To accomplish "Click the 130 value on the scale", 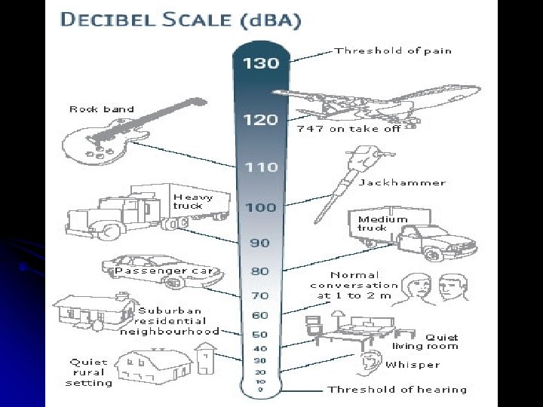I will [x=260, y=64].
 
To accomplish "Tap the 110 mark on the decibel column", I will [x=260, y=167].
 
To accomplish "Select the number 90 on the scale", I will [x=260, y=243].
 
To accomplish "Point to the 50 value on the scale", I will [x=260, y=333].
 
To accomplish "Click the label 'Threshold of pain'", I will [x=393, y=50].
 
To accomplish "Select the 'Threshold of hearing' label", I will [x=397, y=390].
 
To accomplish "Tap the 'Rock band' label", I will [x=102, y=109].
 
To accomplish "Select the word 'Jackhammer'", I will [x=402, y=182].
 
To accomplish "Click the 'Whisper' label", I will [x=413, y=365].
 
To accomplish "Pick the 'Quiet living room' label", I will [x=425, y=341].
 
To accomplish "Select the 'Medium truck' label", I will [x=382, y=223].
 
